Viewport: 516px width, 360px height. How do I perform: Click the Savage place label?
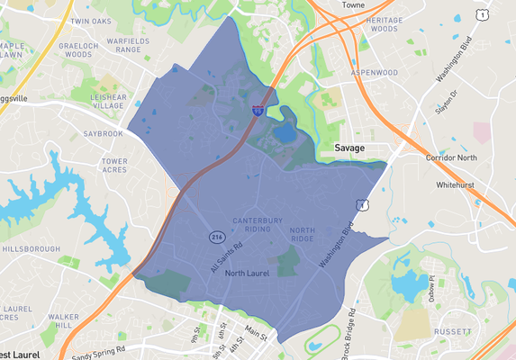pos(351,147)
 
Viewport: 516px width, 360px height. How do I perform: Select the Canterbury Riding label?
pos(258,225)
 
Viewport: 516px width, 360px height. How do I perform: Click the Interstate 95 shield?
pos(258,110)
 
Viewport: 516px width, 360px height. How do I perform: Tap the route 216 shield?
pos(216,237)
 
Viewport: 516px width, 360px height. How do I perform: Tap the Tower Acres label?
pos(120,166)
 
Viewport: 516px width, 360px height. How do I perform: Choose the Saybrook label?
pos(103,133)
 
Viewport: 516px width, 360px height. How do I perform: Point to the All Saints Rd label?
pos(227,256)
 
